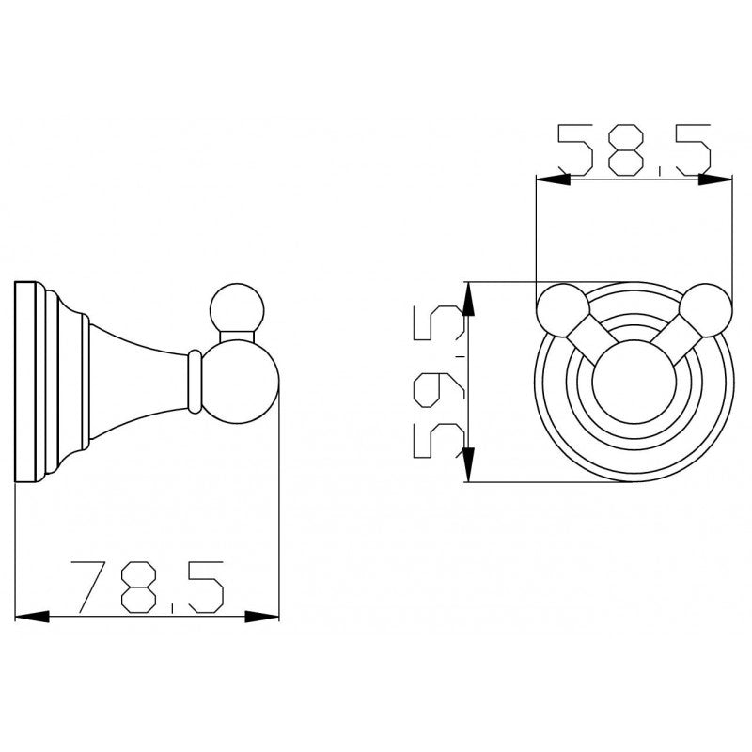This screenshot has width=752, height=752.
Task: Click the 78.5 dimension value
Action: (148, 587)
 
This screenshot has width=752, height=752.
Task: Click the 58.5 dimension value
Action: (634, 149)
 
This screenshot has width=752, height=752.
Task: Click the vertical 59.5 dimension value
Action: (439, 382)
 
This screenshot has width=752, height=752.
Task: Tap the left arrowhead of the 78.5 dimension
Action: (32, 617)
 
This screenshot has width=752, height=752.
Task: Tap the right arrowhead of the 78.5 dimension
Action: (262, 617)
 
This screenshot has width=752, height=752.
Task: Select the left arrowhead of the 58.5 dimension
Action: (553, 180)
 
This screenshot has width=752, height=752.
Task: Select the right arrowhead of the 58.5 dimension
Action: (715, 180)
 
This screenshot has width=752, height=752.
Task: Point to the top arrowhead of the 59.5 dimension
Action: (468, 299)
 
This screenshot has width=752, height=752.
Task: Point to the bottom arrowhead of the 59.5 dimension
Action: (468, 464)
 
